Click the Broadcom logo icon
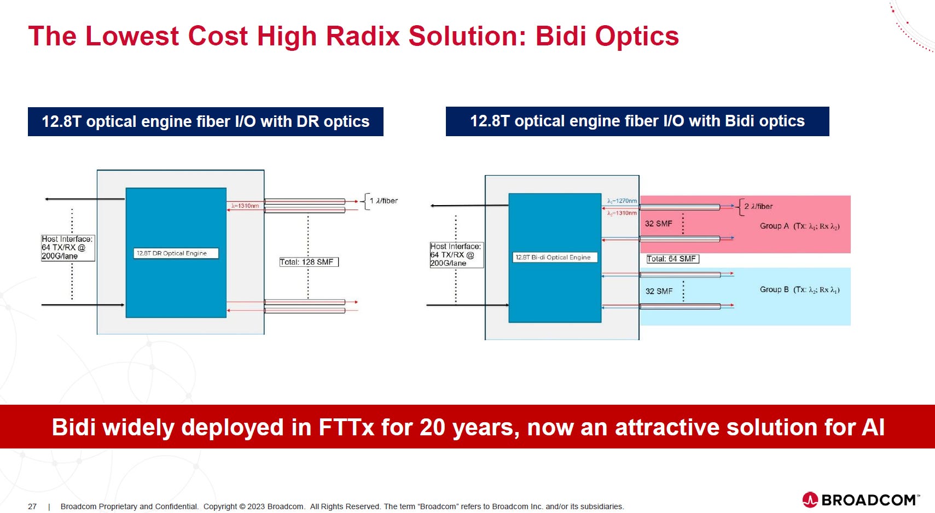pyautogui.click(x=810, y=500)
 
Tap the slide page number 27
pyautogui.click(x=32, y=506)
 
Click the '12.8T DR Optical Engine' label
pyautogui.click(x=176, y=253)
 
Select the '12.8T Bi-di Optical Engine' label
pyautogui.click(x=555, y=257)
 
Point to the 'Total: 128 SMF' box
pyautogui.click(x=309, y=262)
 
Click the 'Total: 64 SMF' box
pyautogui.click(x=672, y=259)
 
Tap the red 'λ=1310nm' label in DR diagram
pyautogui.click(x=245, y=206)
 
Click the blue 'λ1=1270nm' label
pyautogui.click(x=622, y=201)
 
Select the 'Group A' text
pyautogui.click(x=774, y=226)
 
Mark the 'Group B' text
pyautogui.click(x=774, y=289)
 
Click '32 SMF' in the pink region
pyautogui.click(x=659, y=224)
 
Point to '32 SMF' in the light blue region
pyautogui.click(x=659, y=292)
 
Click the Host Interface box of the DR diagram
pyautogui.click(x=68, y=248)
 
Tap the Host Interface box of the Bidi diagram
pyautogui.click(x=457, y=255)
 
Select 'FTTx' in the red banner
pyautogui.click(x=346, y=427)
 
